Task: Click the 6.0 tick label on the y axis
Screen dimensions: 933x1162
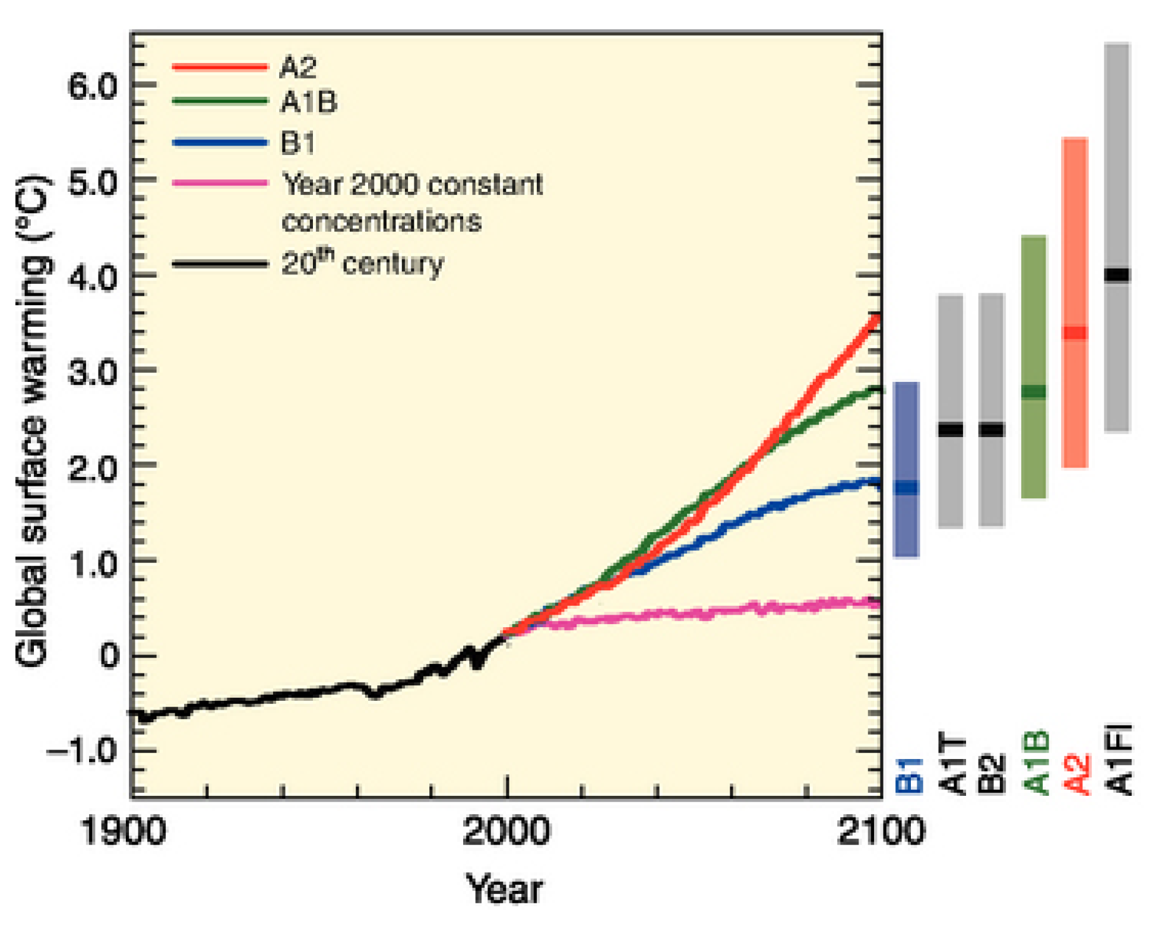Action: [x=93, y=87]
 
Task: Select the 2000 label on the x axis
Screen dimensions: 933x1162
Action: [x=506, y=831]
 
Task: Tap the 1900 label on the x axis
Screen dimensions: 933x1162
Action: [x=122, y=831]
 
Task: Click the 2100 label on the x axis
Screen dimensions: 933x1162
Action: [x=881, y=831]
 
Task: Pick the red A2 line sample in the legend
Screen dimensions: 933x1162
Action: [x=220, y=67]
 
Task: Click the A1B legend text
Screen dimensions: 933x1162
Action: [x=309, y=103]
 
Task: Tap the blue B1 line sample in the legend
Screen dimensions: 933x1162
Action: [x=220, y=143]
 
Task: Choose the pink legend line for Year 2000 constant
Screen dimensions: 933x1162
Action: [x=220, y=183]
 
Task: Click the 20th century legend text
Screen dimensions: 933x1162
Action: [x=362, y=263]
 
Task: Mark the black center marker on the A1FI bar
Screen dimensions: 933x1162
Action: [x=1117, y=274]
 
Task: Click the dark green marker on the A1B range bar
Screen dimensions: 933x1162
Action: [x=1034, y=391]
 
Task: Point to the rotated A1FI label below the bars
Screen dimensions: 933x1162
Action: [x=1120, y=760]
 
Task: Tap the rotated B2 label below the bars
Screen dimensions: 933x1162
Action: [x=992, y=773]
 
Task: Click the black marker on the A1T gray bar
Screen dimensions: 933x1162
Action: [x=951, y=429]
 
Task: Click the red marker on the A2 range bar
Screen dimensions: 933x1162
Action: [x=1075, y=333]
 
